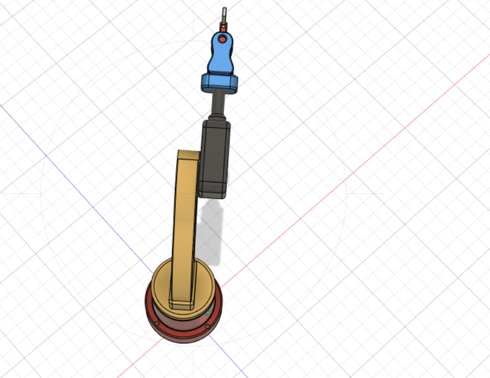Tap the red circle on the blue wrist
click(222, 39)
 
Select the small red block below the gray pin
click(223, 27)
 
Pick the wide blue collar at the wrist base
click(219, 83)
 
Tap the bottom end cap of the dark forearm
click(212, 191)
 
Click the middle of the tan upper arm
click(184, 224)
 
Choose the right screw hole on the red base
click(207, 326)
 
